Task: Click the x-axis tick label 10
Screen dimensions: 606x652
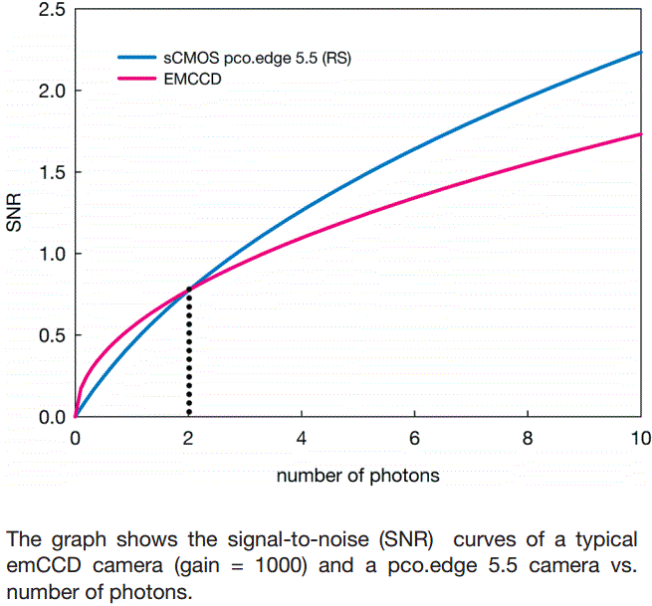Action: tap(640, 437)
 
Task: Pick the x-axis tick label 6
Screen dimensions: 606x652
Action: tap(414, 437)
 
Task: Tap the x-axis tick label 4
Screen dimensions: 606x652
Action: tap(302, 437)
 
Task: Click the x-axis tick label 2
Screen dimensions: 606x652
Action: tap(188, 437)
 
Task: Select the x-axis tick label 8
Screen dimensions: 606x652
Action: tap(527, 437)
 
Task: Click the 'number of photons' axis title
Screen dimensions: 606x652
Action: tap(357, 476)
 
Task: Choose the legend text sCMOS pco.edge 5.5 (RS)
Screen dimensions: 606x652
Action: tap(258, 59)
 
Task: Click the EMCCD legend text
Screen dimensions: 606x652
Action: tap(194, 78)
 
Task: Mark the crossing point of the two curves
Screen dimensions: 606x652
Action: tap(188, 289)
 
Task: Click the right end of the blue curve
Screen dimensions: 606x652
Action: tap(639, 53)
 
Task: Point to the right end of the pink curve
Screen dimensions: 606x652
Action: tap(639, 134)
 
